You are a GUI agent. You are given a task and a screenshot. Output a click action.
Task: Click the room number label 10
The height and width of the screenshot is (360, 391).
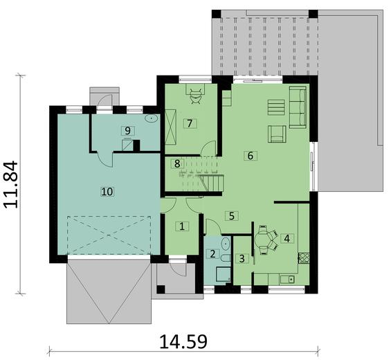tap(107, 190)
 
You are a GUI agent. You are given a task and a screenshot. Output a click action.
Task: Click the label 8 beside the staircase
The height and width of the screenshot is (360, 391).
tap(177, 163)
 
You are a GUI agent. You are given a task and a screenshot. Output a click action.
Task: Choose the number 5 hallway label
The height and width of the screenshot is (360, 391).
tap(233, 215)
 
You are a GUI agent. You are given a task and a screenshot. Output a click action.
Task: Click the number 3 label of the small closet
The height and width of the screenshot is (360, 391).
tap(242, 259)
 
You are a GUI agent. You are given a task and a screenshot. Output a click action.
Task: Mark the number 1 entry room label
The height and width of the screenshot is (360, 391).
tap(182, 226)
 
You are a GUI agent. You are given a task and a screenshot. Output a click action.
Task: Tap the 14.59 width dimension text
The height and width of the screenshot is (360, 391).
tap(183, 341)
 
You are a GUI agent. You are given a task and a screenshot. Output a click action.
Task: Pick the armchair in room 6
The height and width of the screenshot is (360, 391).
tap(278, 133)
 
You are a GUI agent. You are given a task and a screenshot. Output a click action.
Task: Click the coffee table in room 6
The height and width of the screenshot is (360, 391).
tap(275, 108)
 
